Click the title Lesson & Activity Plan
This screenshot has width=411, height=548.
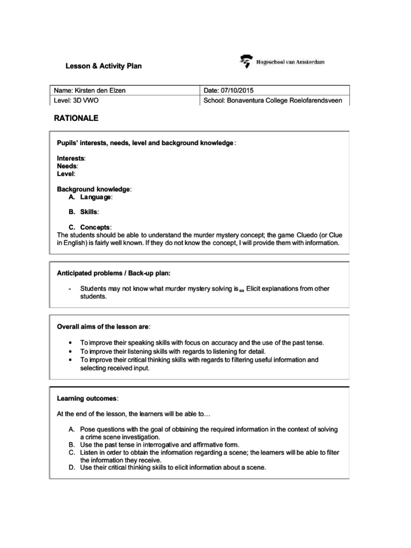click(x=103, y=66)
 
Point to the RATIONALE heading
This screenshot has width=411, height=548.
click(x=77, y=118)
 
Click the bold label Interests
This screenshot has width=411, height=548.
click(x=70, y=158)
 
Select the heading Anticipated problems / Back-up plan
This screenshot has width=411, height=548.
click(x=113, y=273)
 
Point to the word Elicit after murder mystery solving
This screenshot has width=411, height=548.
click(x=256, y=288)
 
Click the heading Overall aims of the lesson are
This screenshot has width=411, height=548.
click(x=103, y=326)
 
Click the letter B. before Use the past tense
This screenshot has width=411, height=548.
click(x=71, y=445)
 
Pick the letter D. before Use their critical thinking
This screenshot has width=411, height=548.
click(x=71, y=467)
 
